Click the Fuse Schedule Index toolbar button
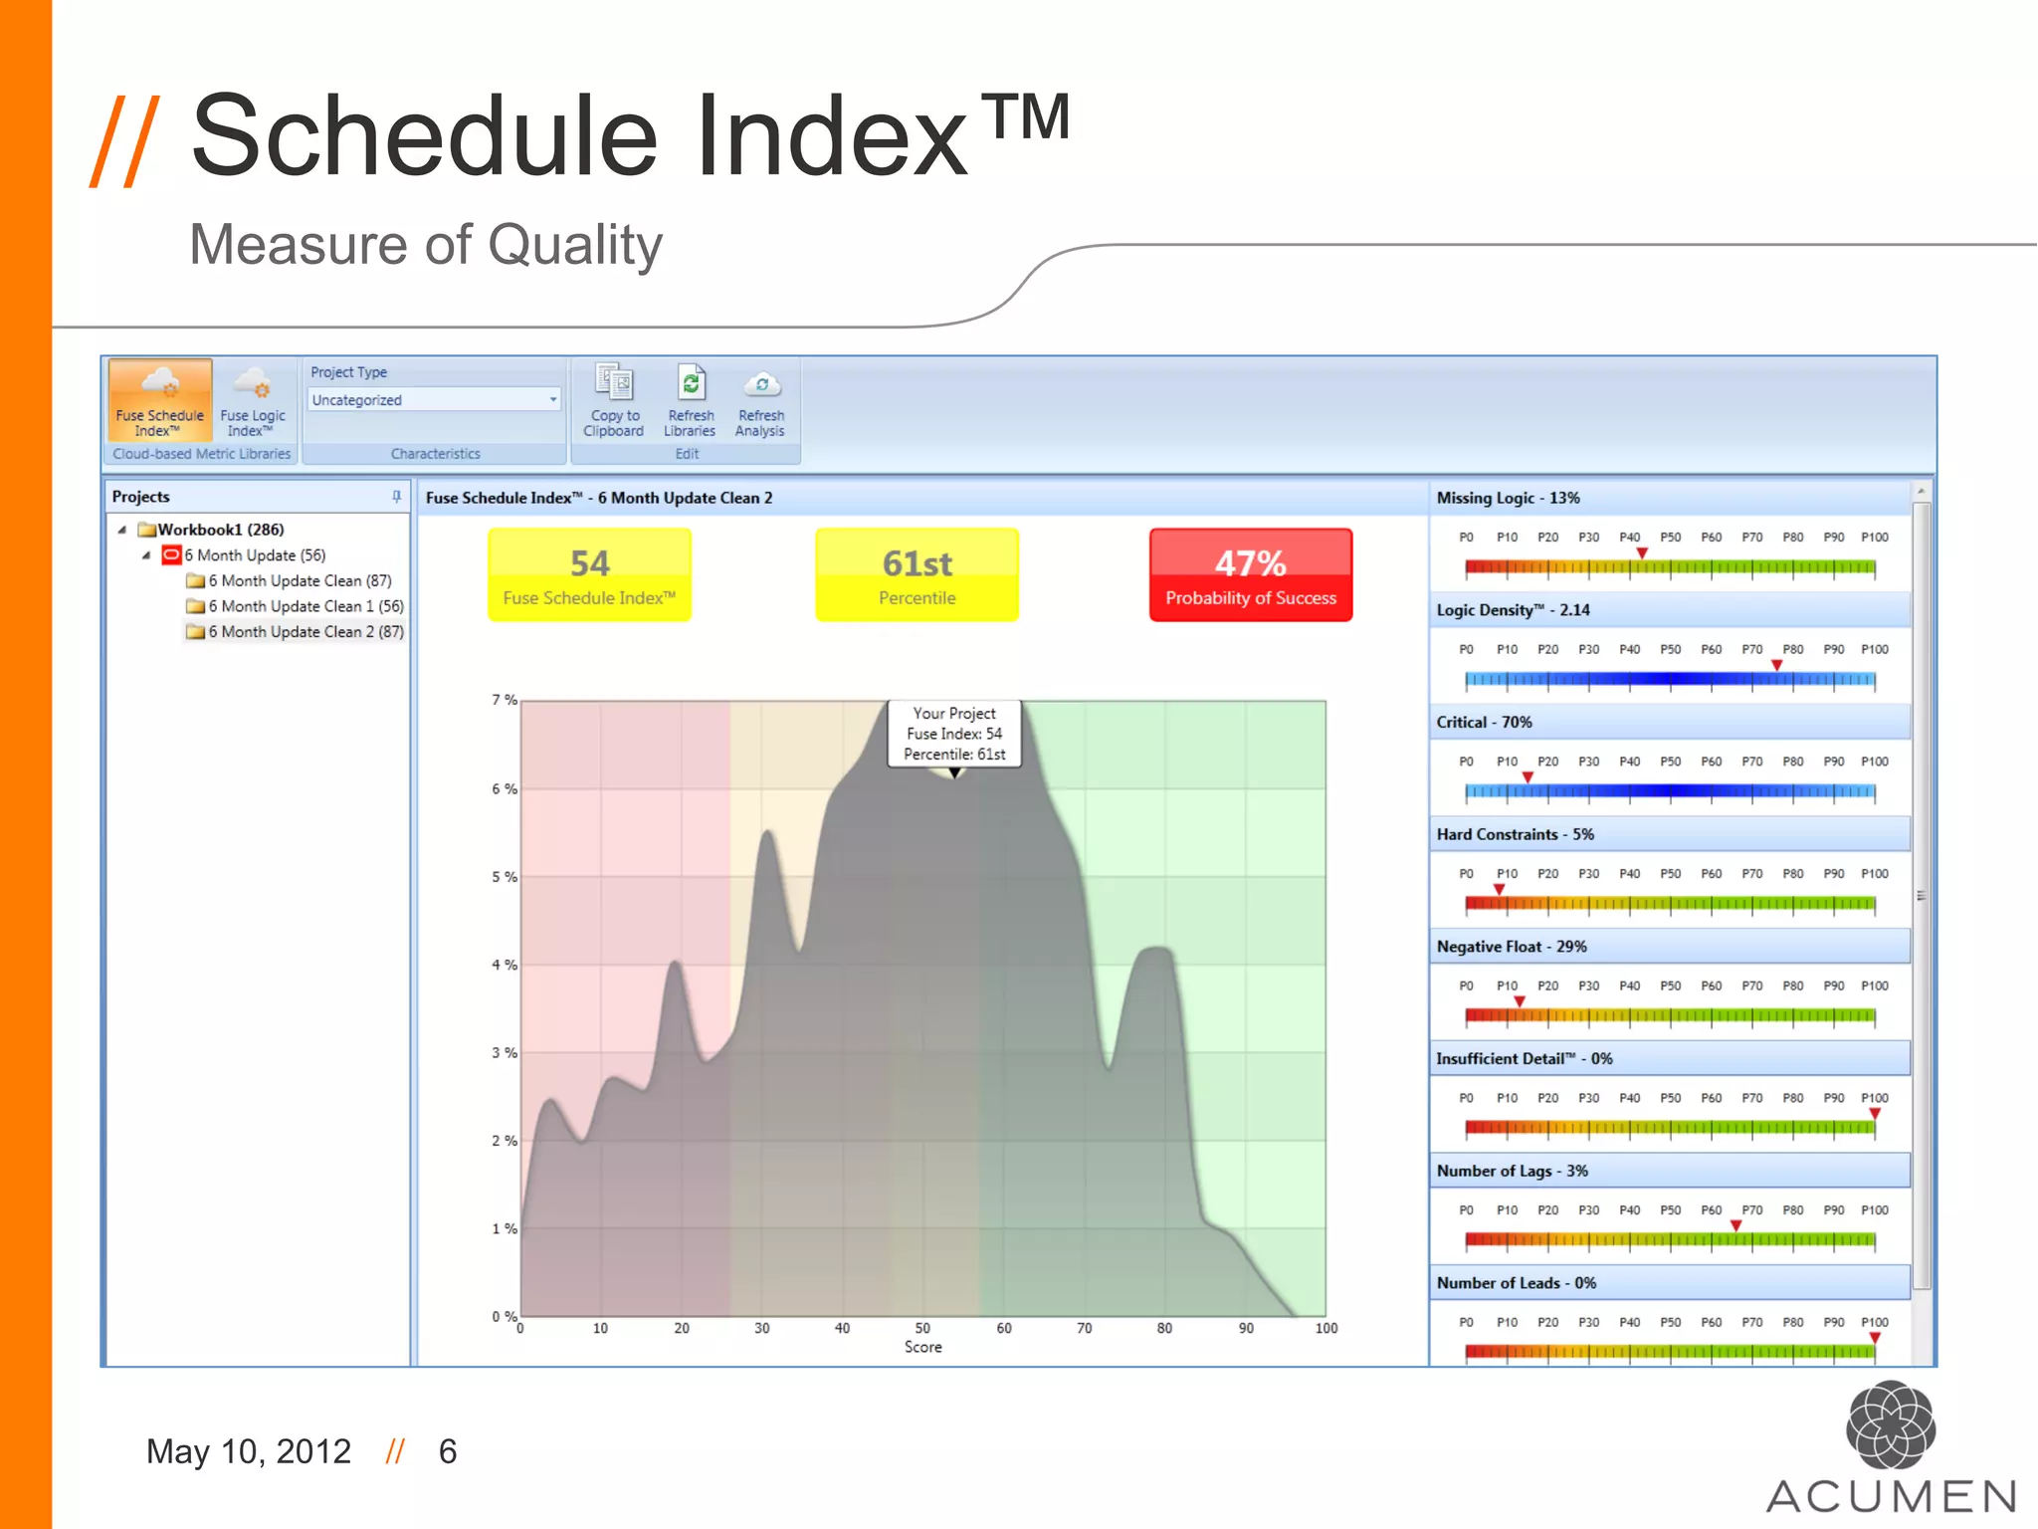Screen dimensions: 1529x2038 point(159,400)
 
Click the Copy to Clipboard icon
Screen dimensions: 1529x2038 point(613,383)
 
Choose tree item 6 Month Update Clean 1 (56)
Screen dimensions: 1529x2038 point(305,606)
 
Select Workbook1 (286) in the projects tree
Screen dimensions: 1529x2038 point(220,530)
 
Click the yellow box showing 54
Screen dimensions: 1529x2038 point(589,575)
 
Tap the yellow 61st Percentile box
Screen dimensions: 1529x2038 point(917,575)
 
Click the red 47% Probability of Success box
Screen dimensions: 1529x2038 point(1250,575)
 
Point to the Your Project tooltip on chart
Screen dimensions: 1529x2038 point(954,734)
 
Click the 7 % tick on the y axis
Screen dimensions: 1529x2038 point(504,701)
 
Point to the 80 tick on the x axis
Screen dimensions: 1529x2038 point(1164,1329)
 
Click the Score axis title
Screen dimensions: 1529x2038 point(922,1348)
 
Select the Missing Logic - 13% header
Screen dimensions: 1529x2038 point(1508,498)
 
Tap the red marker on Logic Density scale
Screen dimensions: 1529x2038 point(1776,665)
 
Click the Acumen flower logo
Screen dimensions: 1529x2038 point(1890,1425)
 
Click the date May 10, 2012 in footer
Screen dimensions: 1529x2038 point(249,1452)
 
